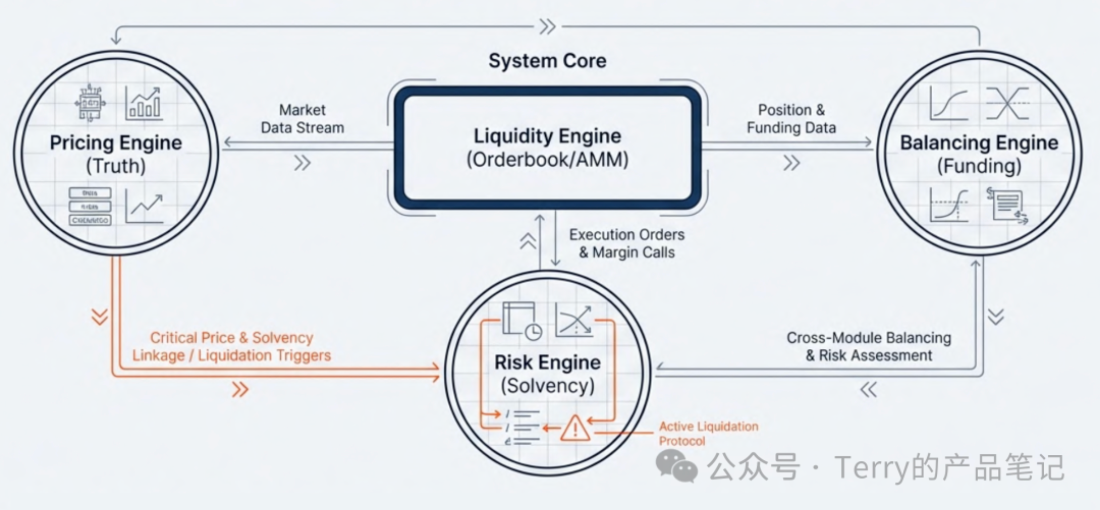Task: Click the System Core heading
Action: click(x=547, y=61)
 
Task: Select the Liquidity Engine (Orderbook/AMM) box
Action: click(x=547, y=148)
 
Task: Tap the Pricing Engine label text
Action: click(x=116, y=143)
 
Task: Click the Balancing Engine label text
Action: click(x=979, y=143)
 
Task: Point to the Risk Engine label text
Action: click(x=547, y=363)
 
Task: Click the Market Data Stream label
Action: click(x=302, y=119)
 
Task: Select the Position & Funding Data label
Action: click(x=791, y=119)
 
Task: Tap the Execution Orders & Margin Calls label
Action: click(x=627, y=243)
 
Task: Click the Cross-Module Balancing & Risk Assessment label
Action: click(x=869, y=346)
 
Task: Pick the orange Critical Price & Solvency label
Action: click(x=231, y=346)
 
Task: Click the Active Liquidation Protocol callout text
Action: click(x=708, y=433)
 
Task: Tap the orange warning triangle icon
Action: click(x=575, y=428)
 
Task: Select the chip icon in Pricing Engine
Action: click(x=90, y=103)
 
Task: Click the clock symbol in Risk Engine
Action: click(x=533, y=332)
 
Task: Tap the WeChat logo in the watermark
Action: click(x=676, y=466)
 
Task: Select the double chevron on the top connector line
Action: click(x=547, y=27)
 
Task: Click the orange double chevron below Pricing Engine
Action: click(x=100, y=317)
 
